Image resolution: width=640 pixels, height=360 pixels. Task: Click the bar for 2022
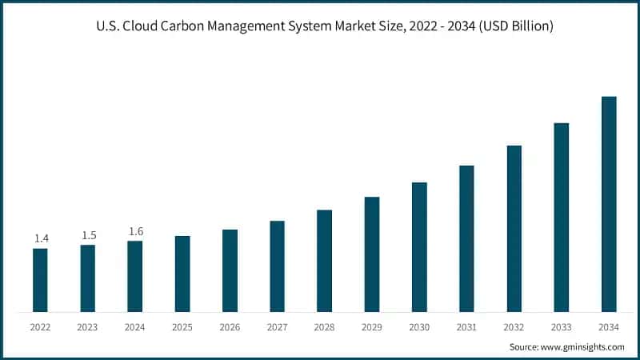pos(40,280)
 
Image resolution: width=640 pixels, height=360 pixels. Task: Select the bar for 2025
pos(182,274)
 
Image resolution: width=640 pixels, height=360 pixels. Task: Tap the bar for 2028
pos(324,261)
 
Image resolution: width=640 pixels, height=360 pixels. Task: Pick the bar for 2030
pos(419,247)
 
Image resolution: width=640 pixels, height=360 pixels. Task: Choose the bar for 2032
pos(514,229)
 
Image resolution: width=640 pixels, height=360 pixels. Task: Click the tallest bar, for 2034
pos(609,204)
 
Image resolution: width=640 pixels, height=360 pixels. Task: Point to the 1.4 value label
pos(41,238)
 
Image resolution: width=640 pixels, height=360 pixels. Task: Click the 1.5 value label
pos(88,235)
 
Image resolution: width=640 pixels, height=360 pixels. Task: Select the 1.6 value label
pos(135,231)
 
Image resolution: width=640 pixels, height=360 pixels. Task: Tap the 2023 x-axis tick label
pos(88,327)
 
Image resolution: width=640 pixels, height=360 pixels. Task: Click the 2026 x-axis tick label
pos(230,327)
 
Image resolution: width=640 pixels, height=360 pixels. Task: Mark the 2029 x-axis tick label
pos(372,327)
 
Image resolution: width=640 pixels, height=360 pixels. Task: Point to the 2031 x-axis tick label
pos(466,327)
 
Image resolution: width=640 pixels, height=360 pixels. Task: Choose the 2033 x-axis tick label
pos(562,327)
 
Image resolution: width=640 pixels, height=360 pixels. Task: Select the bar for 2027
pos(277,266)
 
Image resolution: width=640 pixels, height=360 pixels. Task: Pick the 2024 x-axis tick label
pos(135,327)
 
